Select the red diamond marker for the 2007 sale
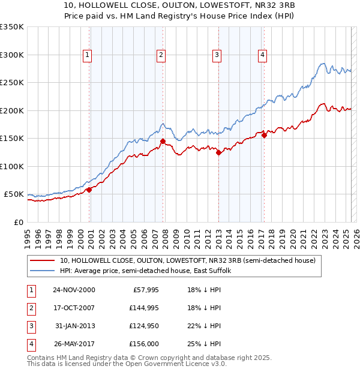click(163, 142)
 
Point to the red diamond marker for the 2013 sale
click(218, 152)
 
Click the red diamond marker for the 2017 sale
click(264, 135)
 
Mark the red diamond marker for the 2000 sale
click(89, 190)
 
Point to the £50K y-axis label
click(14, 194)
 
